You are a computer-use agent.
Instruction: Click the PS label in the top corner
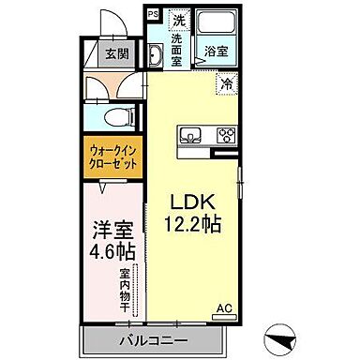[x=153, y=15]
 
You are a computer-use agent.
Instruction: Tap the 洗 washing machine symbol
[x=178, y=20]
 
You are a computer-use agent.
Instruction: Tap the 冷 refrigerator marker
[x=228, y=84]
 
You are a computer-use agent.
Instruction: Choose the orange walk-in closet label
[x=115, y=156]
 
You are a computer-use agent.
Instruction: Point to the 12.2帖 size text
[x=194, y=226]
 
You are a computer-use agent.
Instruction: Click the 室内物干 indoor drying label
[x=124, y=293]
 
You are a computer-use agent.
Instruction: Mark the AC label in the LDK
[x=226, y=307]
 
